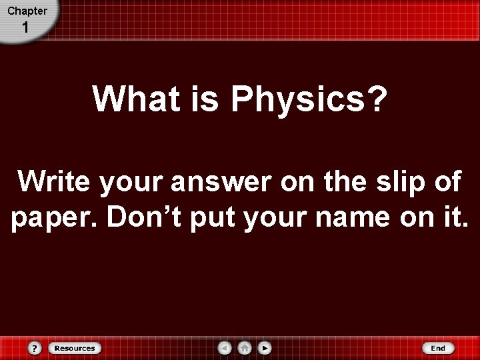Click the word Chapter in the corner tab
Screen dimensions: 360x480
[27, 11]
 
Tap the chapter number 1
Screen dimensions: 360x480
[25, 28]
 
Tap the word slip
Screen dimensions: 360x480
[394, 181]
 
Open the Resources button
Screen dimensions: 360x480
[74, 348]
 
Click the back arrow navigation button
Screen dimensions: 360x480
[225, 348]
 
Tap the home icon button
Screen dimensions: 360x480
[245, 348]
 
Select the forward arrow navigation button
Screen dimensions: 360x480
[265, 348]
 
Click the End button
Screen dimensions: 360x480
[437, 348]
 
